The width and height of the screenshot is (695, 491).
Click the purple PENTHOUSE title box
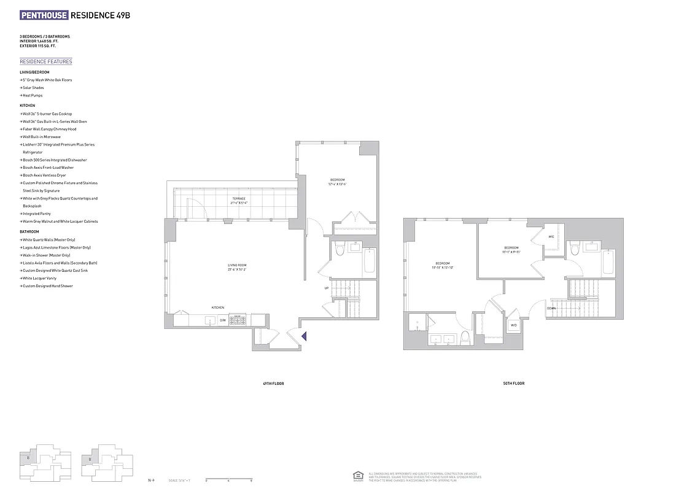coord(44,15)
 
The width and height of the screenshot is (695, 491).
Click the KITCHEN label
coord(218,307)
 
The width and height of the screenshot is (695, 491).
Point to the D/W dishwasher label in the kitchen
coord(223,320)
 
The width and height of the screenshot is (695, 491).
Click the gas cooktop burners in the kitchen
coord(238,319)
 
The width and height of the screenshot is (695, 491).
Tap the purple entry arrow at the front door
coord(303,335)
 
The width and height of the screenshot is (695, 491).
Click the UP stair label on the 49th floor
coord(327,288)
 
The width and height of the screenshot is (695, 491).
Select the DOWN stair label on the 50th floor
coord(551,308)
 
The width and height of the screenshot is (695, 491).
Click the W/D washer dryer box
coord(513,325)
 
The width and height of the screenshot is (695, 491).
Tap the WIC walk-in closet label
coord(551,236)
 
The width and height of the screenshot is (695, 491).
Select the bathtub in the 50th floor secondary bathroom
coord(607,263)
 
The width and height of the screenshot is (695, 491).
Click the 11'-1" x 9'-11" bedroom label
coord(510,249)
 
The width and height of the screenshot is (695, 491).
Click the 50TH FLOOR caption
coord(514,383)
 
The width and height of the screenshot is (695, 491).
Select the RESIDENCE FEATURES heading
coord(46,61)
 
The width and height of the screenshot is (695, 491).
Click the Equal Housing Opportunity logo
coord(357,476)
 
